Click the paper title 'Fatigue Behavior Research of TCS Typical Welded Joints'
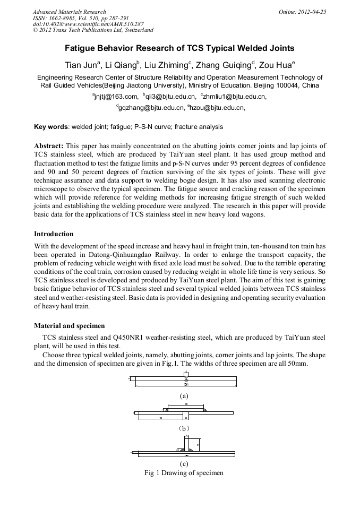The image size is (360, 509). [x=179, y=48]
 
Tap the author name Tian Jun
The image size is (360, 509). [x=79, y=66]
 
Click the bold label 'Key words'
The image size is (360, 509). [x=50, y=127]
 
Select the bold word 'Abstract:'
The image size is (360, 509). [x=49, y=145]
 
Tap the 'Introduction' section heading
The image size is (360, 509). [x=54, y=234]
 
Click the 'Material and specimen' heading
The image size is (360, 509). [x=69, y=325]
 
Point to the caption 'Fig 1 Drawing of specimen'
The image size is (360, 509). [x=184, y=472]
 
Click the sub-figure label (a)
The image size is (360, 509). [x=184, y=395]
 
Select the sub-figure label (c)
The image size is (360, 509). [x=184, y=463]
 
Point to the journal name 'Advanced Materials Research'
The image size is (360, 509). [x=69, y=12]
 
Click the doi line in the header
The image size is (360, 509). [x=88, y=24]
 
